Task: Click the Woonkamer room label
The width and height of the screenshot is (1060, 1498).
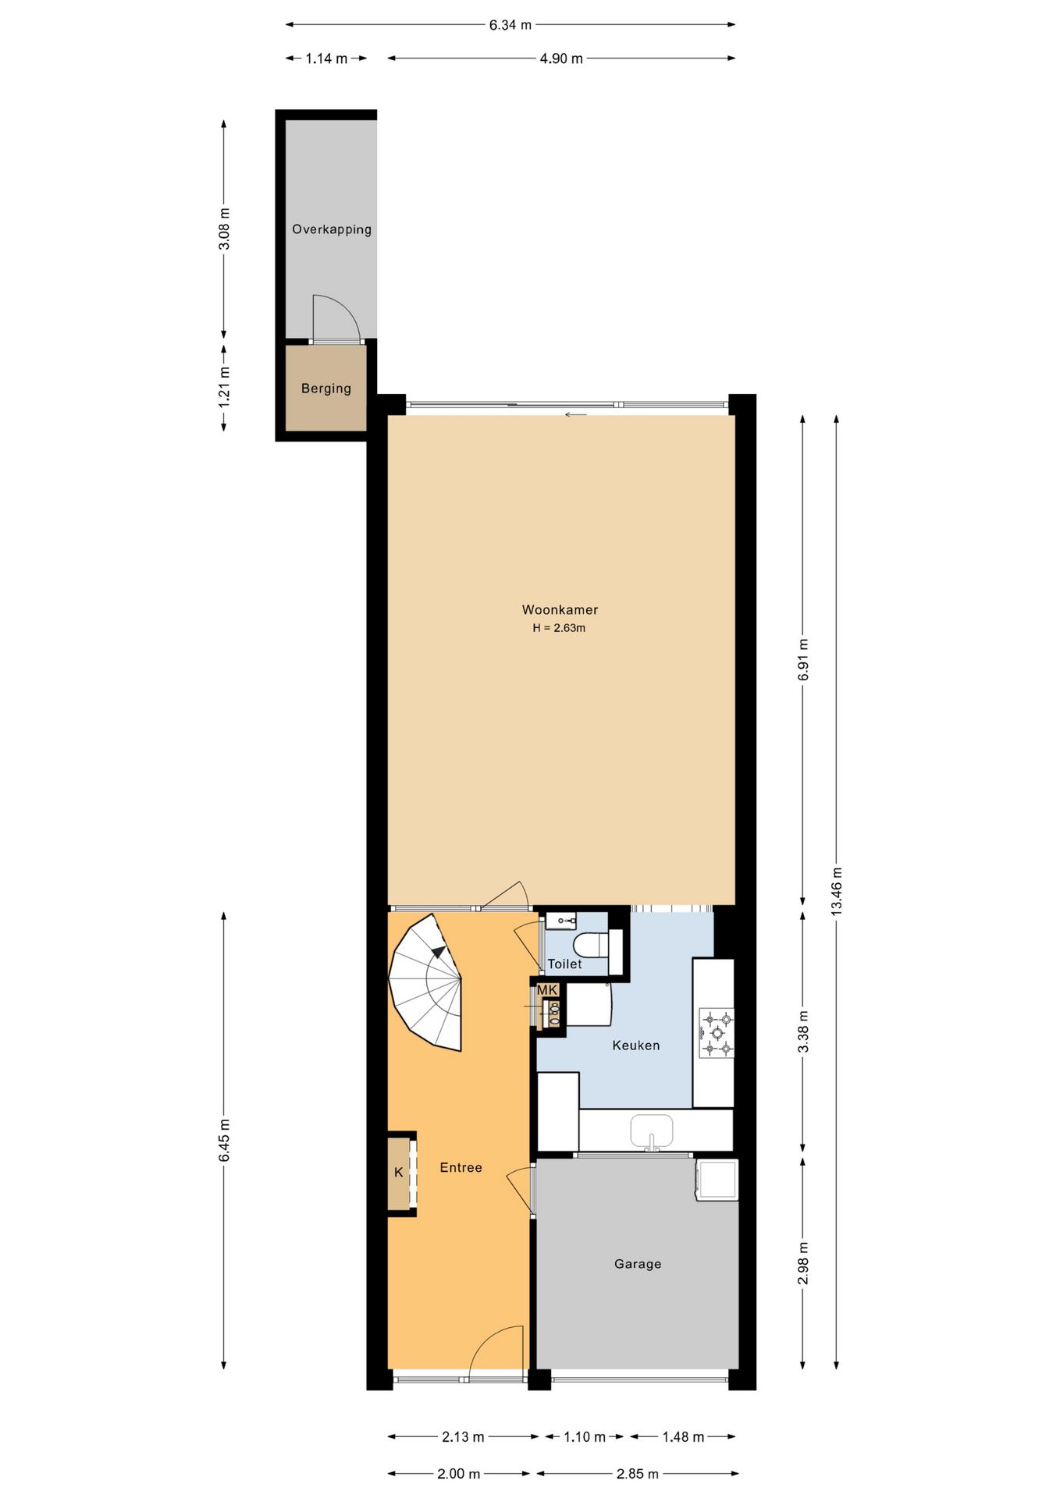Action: (x=560, y=610)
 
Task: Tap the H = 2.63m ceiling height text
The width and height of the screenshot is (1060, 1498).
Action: (x=559, y=628)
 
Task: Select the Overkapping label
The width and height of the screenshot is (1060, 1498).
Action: (x=332, y=229)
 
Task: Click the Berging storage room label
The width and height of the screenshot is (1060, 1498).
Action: (x=326, y=389)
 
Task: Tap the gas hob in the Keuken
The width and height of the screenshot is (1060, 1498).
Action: (x=716, y=1032)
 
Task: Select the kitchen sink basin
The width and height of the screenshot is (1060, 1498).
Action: (x=652, y=1131)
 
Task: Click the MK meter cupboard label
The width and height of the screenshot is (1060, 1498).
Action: (x=547, y=990)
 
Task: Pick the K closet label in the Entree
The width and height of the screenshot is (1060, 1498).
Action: (x=399, y=1173)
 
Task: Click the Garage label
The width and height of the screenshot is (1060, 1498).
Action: (x=638, y=1264)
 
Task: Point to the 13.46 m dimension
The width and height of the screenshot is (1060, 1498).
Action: (x=836, y=892)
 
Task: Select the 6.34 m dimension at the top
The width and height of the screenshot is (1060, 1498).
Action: (x=510, y=25)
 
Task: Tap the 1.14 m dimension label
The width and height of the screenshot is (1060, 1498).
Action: (x=326, y=59)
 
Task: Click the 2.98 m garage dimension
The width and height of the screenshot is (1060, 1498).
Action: (x=803, y=1263)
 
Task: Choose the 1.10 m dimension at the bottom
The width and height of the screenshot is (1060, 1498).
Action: (x=585, y=1437)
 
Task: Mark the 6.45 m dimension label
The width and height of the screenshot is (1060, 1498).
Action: (x=224, y=1140)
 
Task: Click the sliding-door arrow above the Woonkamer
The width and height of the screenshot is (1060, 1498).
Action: (x=575, y=414)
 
